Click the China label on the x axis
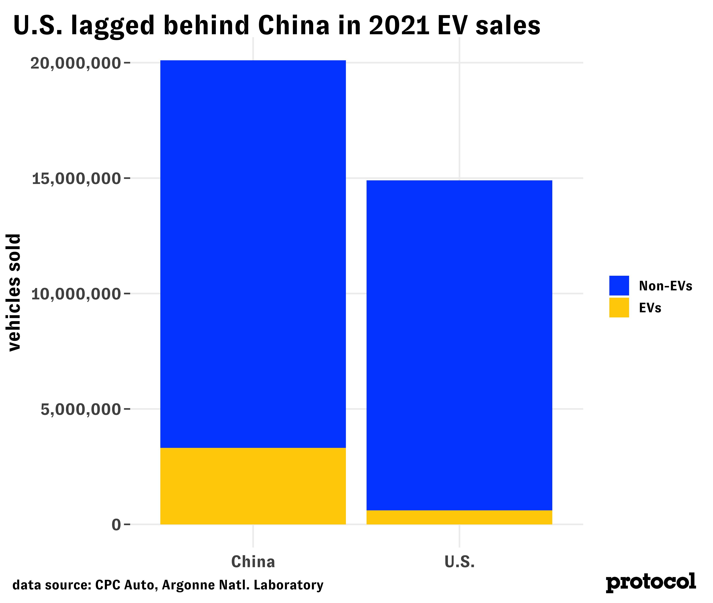[253, 562]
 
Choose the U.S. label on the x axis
[459, 562]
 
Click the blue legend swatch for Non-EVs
[619, 285]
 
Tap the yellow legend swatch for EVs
[619, 308]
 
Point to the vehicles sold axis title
[14, 292]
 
